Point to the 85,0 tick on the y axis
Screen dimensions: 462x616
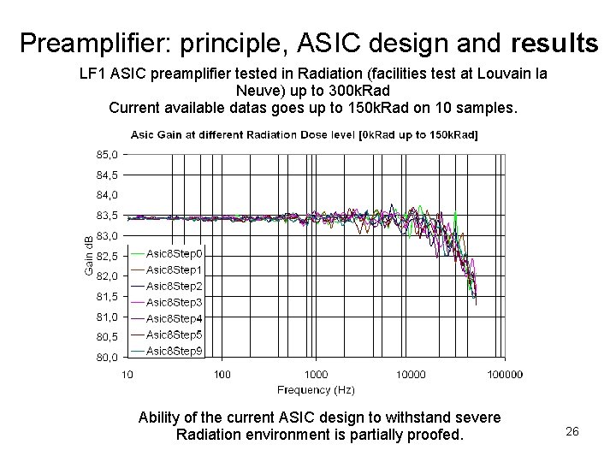tap(108, 155)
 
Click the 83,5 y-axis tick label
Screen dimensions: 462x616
tap(108, 216)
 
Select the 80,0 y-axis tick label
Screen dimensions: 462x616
tap(108, 357)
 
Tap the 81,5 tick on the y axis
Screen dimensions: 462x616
tap(108, 296)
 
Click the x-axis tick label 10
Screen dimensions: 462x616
tap(127, 373)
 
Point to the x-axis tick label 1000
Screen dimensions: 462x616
tap(316, 373)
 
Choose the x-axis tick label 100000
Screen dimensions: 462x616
tap(504, 373)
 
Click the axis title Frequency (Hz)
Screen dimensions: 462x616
tap(316, 389)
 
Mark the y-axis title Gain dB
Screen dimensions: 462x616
tap(88, 256)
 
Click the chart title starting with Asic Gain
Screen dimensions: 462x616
tap(305, 134)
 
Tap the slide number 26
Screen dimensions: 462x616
tap(572, 431)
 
